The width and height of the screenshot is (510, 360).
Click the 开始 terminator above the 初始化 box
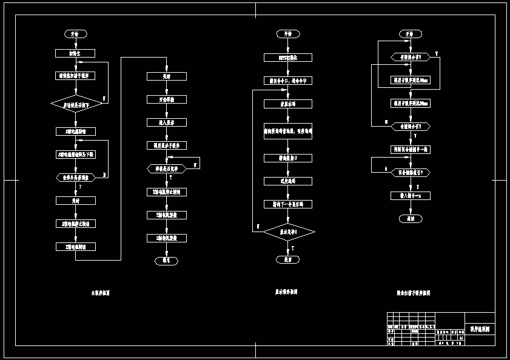(75, 34)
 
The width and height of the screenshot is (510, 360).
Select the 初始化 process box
(75, 53)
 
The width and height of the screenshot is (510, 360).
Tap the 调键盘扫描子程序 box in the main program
(75, 76)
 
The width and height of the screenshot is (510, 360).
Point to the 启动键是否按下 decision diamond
(75, 104)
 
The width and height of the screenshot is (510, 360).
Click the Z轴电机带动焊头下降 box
(75, 154)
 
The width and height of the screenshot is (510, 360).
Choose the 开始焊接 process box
(166, 99)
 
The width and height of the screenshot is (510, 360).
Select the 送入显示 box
(166, 122)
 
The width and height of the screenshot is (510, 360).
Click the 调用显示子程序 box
(166, 145)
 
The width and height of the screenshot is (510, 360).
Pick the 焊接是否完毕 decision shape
(166, 168)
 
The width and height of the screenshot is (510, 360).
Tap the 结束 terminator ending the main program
(166, 261)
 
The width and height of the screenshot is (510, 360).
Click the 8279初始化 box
(287, 58)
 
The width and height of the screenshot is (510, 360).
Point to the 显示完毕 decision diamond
(287, 232)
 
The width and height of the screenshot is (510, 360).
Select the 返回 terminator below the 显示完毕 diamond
(287, 259)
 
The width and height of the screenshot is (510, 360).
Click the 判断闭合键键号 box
(411, 149)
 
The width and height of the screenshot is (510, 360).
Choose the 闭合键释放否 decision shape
(411, 173)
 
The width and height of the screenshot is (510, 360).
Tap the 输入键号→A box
(411, 195)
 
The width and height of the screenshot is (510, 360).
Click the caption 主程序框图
(101, 293)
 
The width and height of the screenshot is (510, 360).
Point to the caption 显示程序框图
(286, 292)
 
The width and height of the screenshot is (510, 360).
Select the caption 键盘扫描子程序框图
(413, 293)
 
